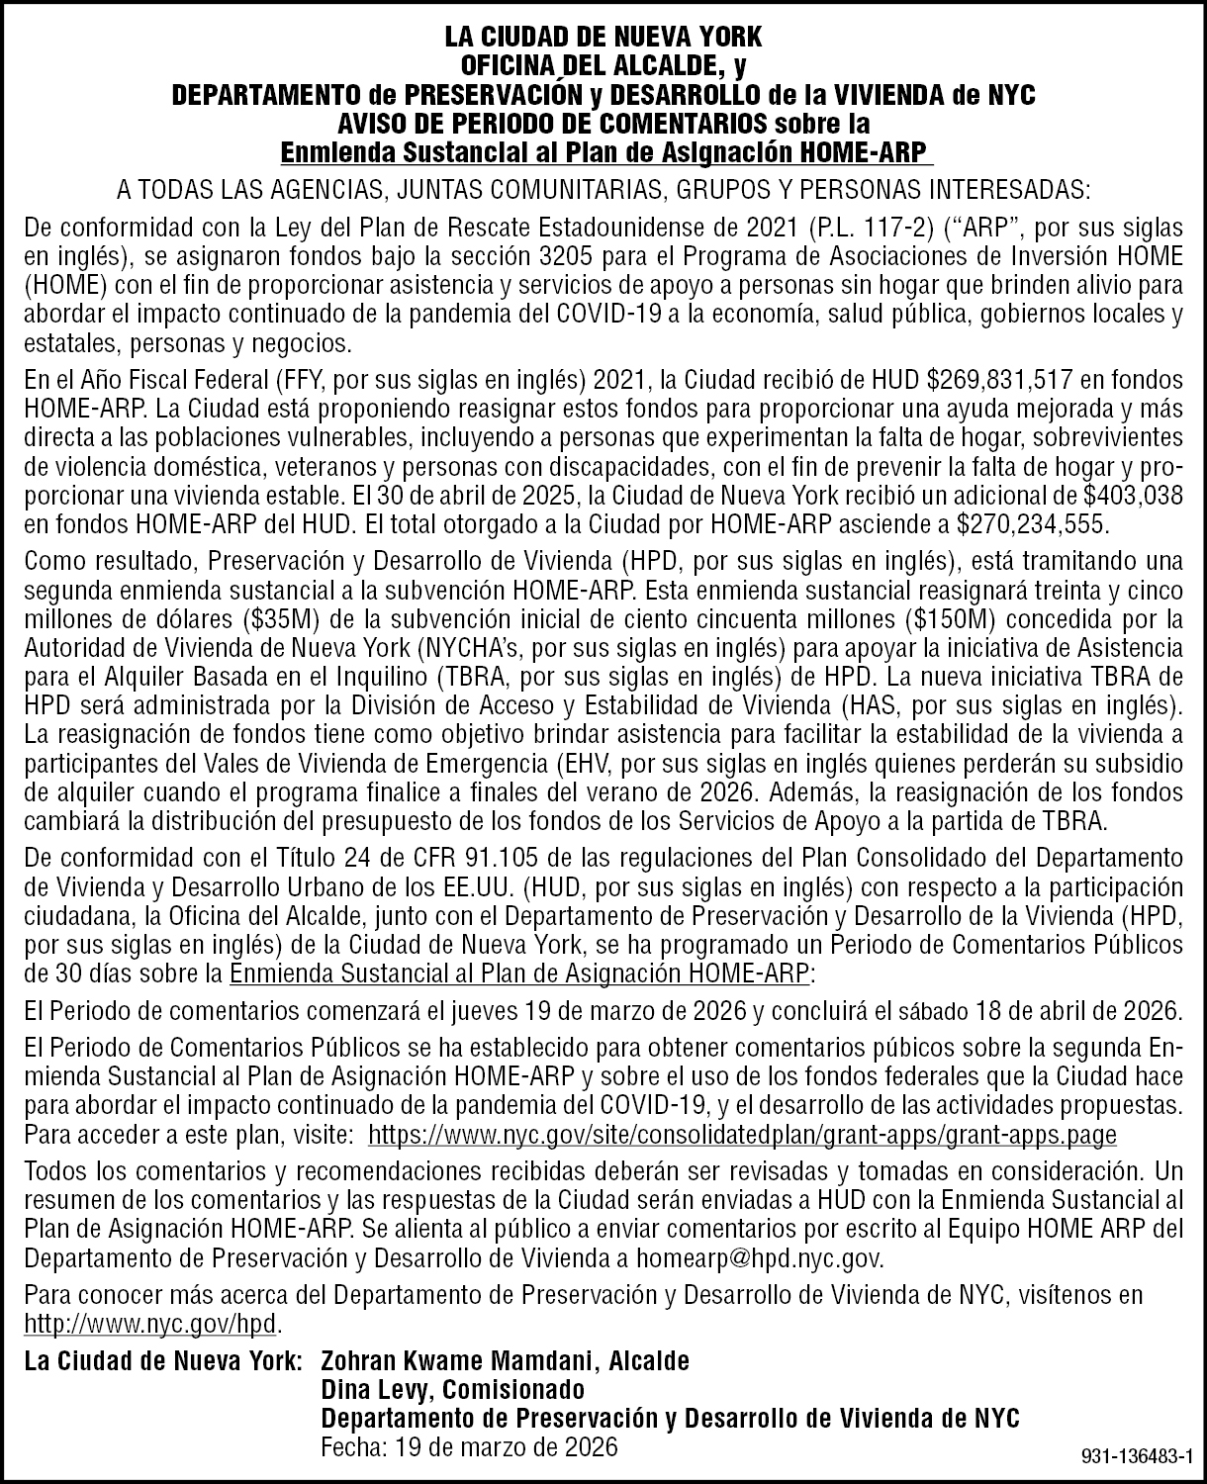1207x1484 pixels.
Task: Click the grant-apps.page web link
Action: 742,1134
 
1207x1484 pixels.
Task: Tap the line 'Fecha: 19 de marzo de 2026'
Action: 470,1446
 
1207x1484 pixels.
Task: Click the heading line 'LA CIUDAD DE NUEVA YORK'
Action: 603,39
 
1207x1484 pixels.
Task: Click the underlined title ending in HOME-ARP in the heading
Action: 606,153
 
